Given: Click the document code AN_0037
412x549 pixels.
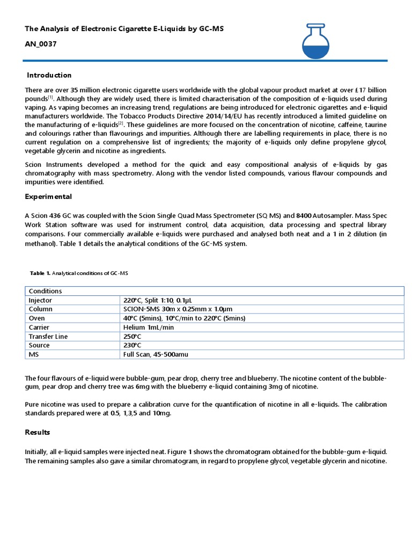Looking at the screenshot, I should point(40,44).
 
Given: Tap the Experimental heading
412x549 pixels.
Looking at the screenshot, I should point(48,197).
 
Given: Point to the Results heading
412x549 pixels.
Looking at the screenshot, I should point(38,432).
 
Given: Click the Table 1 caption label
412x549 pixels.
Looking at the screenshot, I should point(79,273).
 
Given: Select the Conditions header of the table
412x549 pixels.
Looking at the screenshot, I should point(45,291).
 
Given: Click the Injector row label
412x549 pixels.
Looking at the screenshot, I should point(40,300).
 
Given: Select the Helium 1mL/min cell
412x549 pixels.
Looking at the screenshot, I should point(148,328).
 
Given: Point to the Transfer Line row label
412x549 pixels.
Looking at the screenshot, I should point(48,337).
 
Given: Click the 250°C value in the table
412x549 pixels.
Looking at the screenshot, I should point(131,337).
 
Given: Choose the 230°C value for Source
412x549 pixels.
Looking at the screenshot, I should point(131,345).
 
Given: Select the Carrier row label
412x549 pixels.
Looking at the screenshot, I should point(39,328).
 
